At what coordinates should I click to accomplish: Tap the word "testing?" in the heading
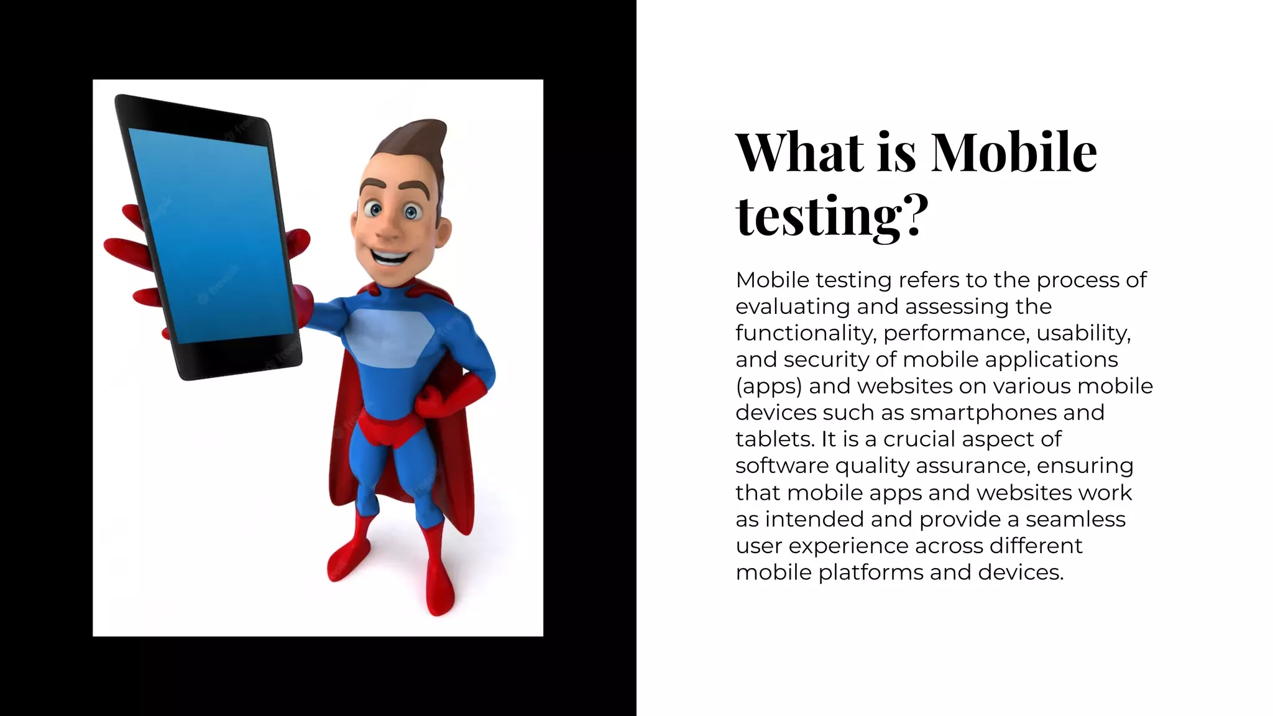(832, 215)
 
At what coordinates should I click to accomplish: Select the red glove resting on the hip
(449, 398)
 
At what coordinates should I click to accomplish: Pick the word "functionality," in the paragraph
(805, 333)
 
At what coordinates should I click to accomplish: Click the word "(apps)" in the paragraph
(768, 387)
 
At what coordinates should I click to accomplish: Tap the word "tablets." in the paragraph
(774, 439)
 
